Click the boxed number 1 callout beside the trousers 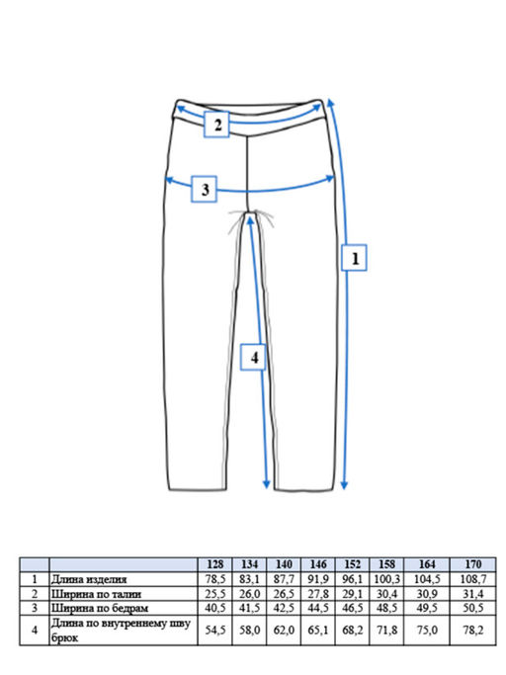[354, 258]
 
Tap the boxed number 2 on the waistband [216, 125]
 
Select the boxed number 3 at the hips [205, 189]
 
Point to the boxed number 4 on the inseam [253, 357]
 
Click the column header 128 [214, 564]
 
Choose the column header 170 [472, 564]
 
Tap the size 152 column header [352, 564]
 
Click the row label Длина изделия [89, 579]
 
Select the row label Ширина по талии [96, 595]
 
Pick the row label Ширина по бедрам [100, 608]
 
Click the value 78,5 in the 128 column [214, 579]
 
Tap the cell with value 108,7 [472, 579]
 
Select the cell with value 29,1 [352, 595]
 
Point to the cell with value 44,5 [318, 608]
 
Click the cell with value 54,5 [214, 631]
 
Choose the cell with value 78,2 [472, 631]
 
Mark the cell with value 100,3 [386, 579]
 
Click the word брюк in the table [64, 638]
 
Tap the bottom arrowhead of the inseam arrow [266, 484]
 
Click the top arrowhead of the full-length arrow [330, 104]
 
